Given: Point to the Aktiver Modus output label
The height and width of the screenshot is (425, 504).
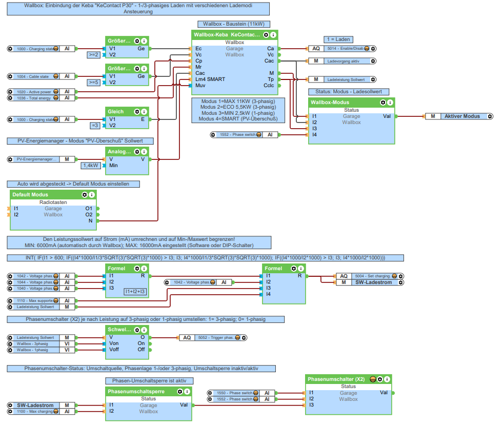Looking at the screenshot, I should [462, 116].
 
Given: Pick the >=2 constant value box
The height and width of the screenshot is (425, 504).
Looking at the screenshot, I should [94, 54].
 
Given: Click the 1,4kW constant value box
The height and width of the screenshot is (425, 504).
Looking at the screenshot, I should [91, 165].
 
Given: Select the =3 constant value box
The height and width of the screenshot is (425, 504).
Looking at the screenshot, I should [94, 125].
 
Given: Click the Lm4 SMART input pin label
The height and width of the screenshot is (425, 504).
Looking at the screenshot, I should [210, 79].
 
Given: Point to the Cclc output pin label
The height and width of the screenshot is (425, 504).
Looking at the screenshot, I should [269, 86].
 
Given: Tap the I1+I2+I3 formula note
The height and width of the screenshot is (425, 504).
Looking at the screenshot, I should [136, 291].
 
